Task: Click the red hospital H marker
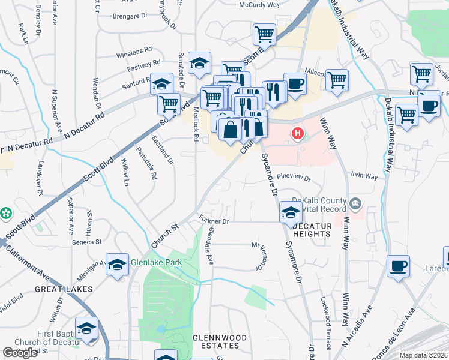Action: pos(295,133)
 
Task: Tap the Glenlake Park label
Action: pos(157,262)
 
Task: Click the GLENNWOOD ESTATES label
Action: pos(219,343)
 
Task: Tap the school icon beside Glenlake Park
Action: pos(118,265)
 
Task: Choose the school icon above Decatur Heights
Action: pos(291,212)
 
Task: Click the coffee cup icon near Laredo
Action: pos(398,266)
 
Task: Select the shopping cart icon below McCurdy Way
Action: pos(264,34)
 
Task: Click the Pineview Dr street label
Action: pos(295,179)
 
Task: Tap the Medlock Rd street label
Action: pos(196,124)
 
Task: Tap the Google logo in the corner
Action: pos(20,352)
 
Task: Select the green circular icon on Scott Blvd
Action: pos(7,213)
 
